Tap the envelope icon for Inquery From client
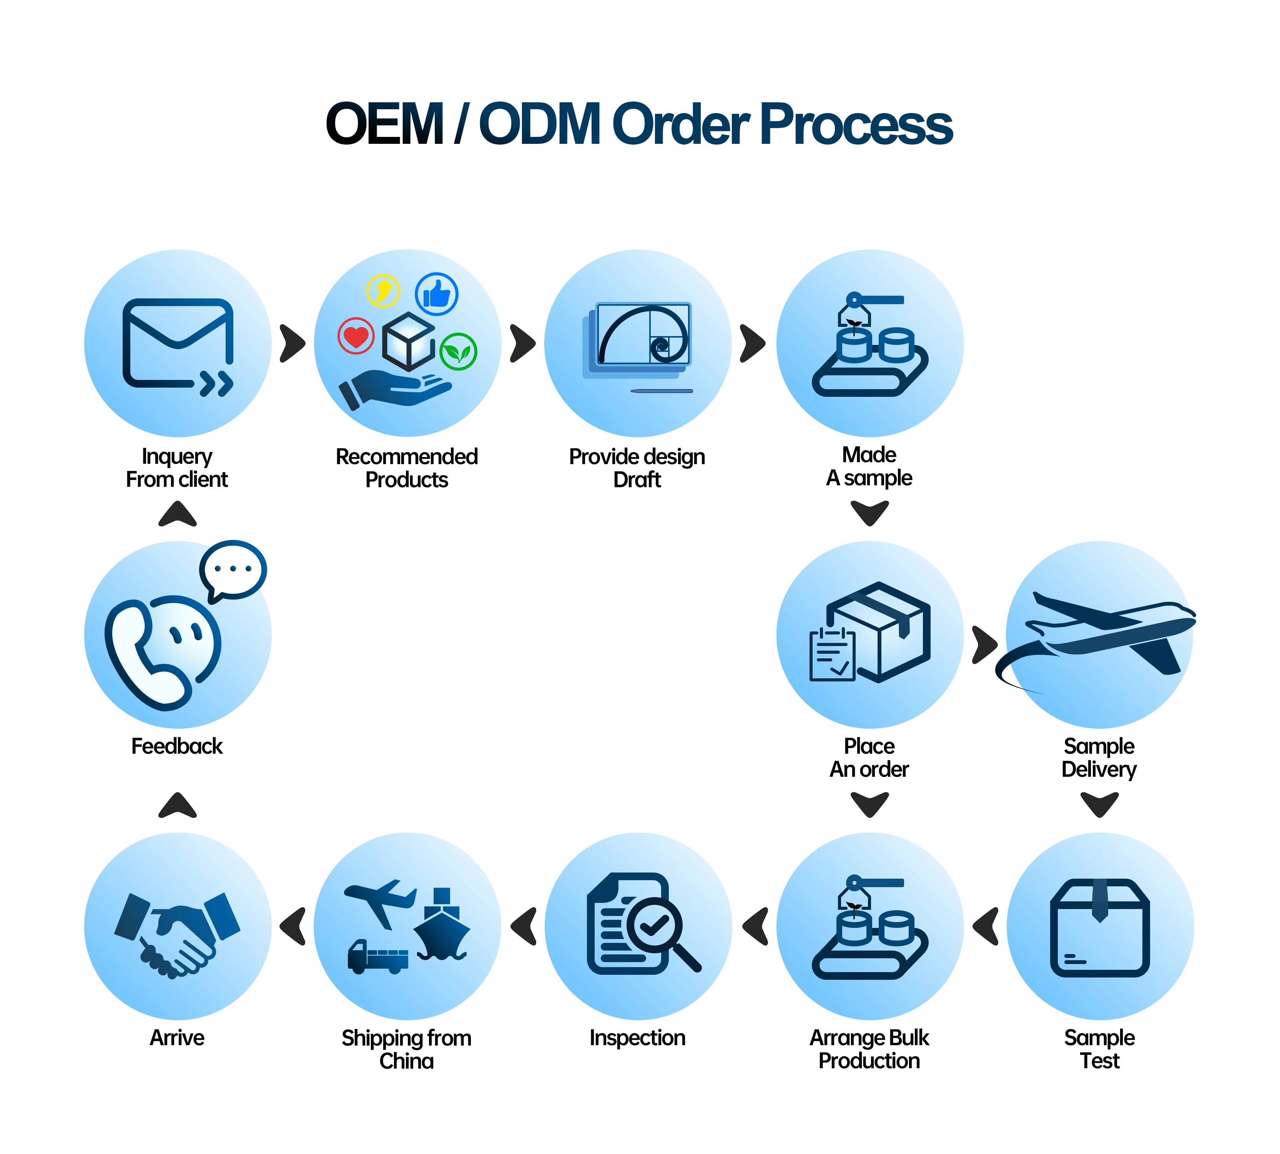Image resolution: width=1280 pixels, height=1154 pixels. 178,343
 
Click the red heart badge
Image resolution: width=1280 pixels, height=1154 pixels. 356,336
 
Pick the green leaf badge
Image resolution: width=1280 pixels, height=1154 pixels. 458,351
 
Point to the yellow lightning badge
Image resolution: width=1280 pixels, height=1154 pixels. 383,291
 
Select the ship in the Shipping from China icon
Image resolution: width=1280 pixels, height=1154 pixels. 442,927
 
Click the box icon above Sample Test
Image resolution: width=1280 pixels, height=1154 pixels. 1099,927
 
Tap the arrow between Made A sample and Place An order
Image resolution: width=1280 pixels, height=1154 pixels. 869,512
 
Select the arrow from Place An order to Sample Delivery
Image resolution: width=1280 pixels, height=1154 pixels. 984,645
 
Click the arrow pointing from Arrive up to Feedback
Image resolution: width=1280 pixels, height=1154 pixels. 178,805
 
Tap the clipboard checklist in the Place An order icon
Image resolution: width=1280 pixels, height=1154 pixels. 832,654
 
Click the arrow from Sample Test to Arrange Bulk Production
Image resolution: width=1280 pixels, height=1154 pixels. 986,926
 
